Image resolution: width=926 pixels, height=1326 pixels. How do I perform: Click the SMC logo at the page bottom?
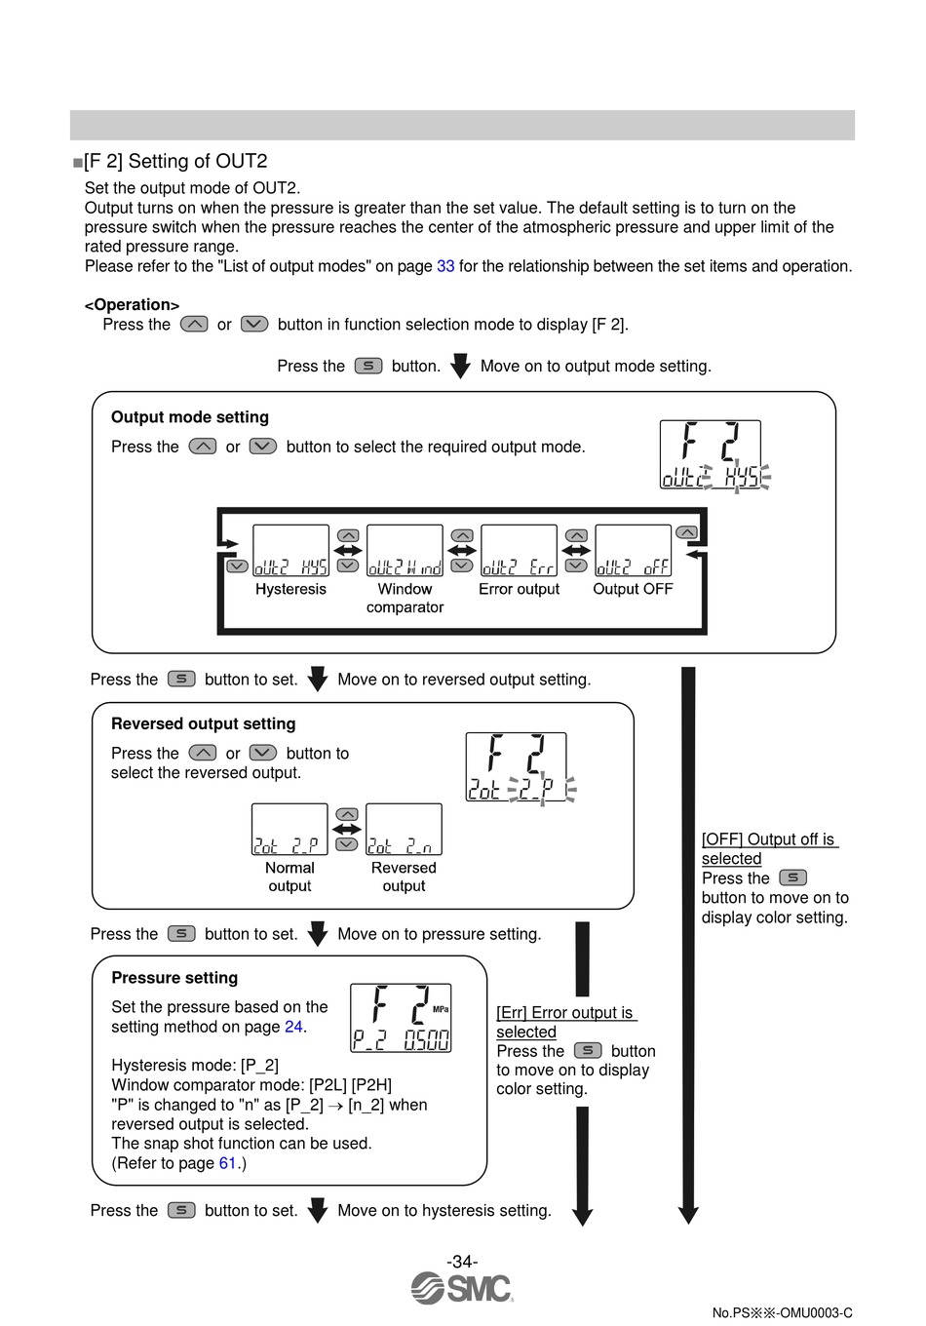462,1288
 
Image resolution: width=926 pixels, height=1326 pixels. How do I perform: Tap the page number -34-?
462,1262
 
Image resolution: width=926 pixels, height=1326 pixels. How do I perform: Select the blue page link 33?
445,266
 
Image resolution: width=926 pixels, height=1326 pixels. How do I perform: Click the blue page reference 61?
228,1163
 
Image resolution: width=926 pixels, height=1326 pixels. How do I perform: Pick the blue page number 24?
293,1027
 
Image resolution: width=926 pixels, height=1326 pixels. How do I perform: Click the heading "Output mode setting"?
190,417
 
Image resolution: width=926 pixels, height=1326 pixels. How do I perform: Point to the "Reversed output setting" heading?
203,723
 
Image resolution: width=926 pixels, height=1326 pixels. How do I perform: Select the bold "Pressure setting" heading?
174,978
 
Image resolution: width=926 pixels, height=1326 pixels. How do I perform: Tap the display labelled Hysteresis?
290,551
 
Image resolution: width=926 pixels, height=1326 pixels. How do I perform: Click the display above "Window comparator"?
405,551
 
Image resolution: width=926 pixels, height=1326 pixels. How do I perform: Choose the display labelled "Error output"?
519,551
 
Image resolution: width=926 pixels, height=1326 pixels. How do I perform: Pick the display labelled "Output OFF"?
633,551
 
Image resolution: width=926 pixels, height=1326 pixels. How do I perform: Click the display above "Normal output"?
289,829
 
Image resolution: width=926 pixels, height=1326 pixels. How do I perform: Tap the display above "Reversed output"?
404,829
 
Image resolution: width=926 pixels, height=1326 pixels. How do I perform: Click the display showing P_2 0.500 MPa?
401,1018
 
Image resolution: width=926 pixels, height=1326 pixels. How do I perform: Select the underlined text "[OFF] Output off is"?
768,839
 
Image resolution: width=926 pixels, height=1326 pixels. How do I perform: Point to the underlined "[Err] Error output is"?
564,1013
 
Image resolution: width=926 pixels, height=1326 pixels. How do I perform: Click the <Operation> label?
132,305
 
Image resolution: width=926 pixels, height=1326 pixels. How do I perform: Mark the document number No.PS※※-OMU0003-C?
782,1312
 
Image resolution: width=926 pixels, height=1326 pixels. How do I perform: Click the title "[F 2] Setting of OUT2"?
175,162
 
